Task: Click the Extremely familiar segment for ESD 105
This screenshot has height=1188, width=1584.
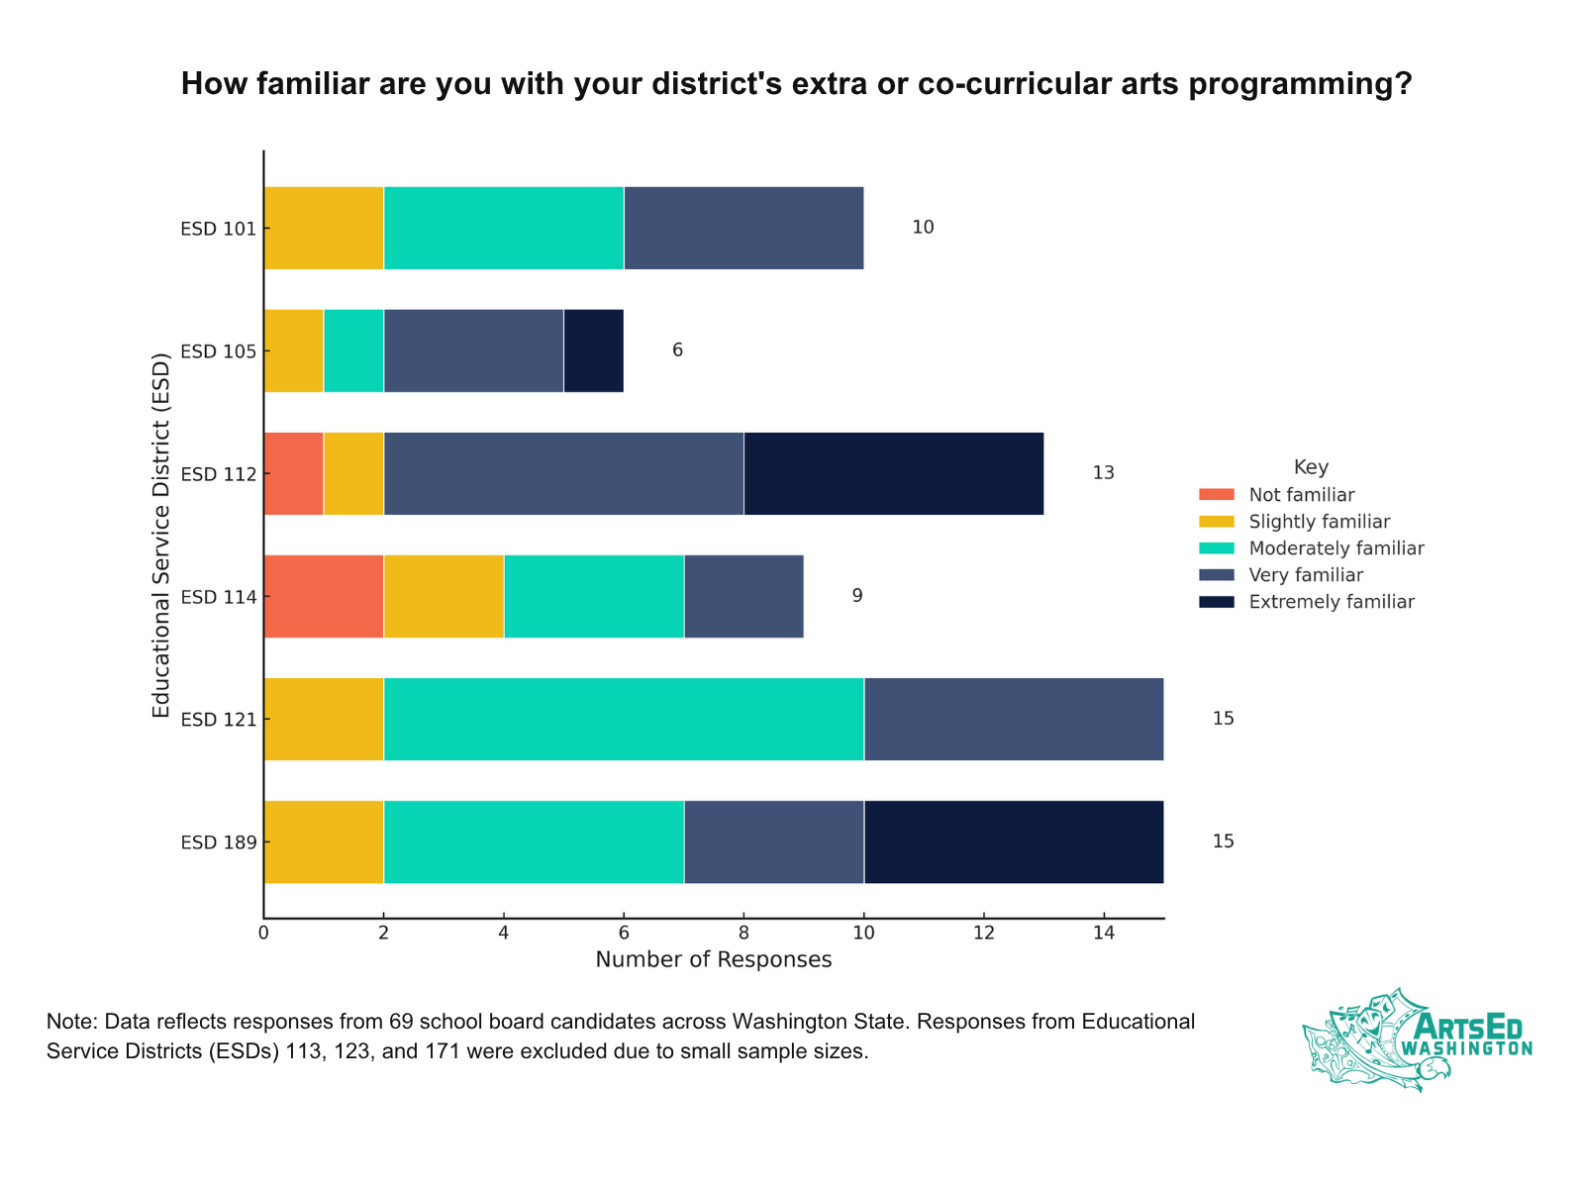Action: tap(593, 350)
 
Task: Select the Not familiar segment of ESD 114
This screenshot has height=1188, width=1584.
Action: tap(324, 596)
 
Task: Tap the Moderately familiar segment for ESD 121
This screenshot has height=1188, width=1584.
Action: tap(624, 719)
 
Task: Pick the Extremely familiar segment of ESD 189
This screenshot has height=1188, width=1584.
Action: tap(1013, 841)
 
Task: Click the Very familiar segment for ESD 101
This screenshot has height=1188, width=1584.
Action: tap(743, 228)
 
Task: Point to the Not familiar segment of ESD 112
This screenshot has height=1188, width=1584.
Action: tap(293, 473)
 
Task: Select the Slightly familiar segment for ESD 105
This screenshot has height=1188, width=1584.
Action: tap(293, 350)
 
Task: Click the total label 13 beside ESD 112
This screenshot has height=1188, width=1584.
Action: tap(1103, 473)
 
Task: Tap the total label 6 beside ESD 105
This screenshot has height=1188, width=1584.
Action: tap(677, 350)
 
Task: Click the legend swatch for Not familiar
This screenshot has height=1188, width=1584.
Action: tap(1216, 495)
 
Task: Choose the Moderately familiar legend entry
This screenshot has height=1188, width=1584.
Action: tap(1336, 548)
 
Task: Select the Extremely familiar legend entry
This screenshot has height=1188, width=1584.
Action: tap(1331, 602)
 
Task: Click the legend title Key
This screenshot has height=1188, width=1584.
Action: tap(1311, 467)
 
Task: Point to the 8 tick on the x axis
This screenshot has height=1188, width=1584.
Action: tap(743, 933)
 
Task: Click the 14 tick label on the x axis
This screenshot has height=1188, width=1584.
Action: tap(1103, 933)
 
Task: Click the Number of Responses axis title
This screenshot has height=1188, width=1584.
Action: tap(713, 960)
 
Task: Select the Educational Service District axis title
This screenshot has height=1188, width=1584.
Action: tap(160, 535)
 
